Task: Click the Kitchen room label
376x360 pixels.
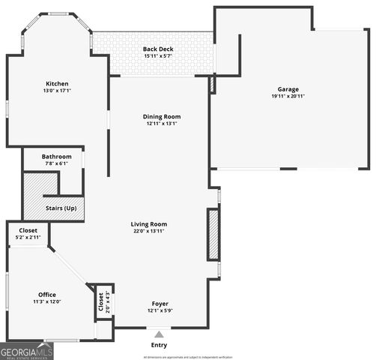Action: [x=57, y=84]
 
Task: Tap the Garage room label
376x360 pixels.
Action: [x=289, y=88]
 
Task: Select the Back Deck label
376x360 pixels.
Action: [x=158, y=49]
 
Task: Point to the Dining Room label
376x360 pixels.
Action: [x=163, y=116]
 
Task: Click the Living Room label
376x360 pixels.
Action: [x=148, y=223]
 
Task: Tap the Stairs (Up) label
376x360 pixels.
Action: [x=60, y=208]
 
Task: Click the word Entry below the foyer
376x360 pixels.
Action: [x=159, y=345]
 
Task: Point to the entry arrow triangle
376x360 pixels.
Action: [x=159, y=333]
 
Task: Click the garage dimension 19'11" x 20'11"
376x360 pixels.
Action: [x=289, y=96]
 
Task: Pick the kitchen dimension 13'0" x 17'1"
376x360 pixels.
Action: [x=57, y=91]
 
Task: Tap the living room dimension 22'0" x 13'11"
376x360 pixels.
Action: [x=148, y=231]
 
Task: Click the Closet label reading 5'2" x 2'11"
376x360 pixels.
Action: [x=28, y=230]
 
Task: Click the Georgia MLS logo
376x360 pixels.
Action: [x=27, y=350]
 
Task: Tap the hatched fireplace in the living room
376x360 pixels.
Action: [x=213, y=235]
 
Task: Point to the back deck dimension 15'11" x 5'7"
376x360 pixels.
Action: [x=158, y=57]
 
